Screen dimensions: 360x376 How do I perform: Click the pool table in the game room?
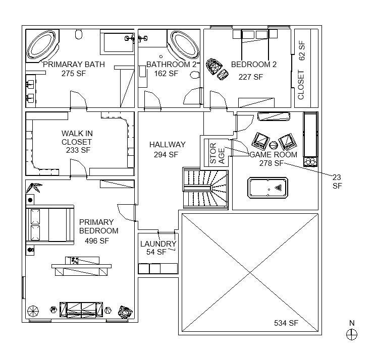coord(267,188)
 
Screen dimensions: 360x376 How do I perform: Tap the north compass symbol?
coord(352,334)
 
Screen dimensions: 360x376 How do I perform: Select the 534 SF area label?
coord(286,323)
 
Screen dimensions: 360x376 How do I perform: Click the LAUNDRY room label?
coord(158,244)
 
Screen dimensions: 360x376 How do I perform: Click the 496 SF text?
coord(97,241)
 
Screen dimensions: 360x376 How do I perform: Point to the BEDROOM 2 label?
coord(254,65)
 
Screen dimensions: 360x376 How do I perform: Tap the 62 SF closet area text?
coord(302,49)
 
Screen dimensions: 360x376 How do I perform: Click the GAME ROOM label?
coord(273,155)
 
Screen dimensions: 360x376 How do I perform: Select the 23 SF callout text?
coord(337,181)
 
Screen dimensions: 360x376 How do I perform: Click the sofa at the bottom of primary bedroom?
coord(81,309)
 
